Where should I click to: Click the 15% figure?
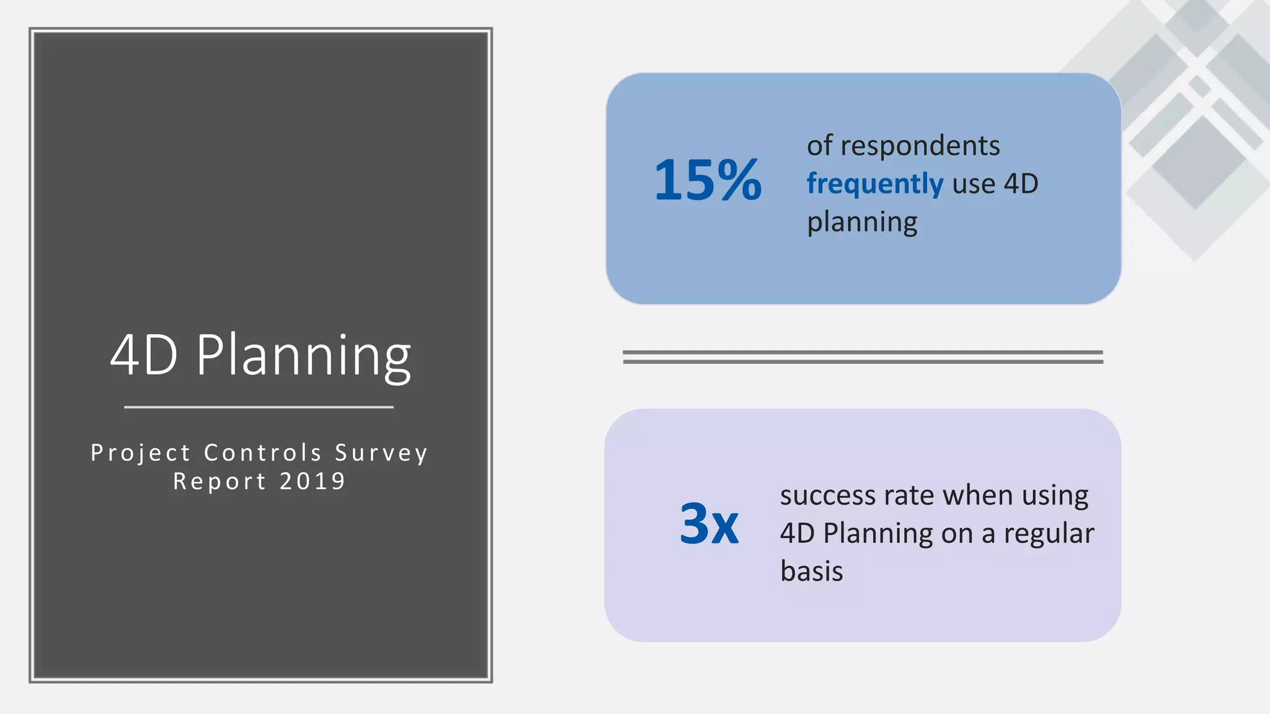coord(708,180)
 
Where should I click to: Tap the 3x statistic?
coord(709,524)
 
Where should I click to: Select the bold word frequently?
coord(874,184)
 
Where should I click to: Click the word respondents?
coord(920,146)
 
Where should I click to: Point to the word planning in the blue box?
coord(862,223)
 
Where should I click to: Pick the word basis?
coord(812,571)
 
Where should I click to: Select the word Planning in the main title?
coord(304,356)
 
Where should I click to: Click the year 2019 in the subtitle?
coord(313,482)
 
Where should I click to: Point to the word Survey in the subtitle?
coord(381,453)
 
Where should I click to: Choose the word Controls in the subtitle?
coord(263,453)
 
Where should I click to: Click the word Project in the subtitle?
coord(141,453)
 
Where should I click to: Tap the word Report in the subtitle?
coord(220,482)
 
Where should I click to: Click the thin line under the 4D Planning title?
coord(259,407)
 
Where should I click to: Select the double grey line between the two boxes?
coord(863,357)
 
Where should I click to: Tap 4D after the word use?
coord(1021,184)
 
